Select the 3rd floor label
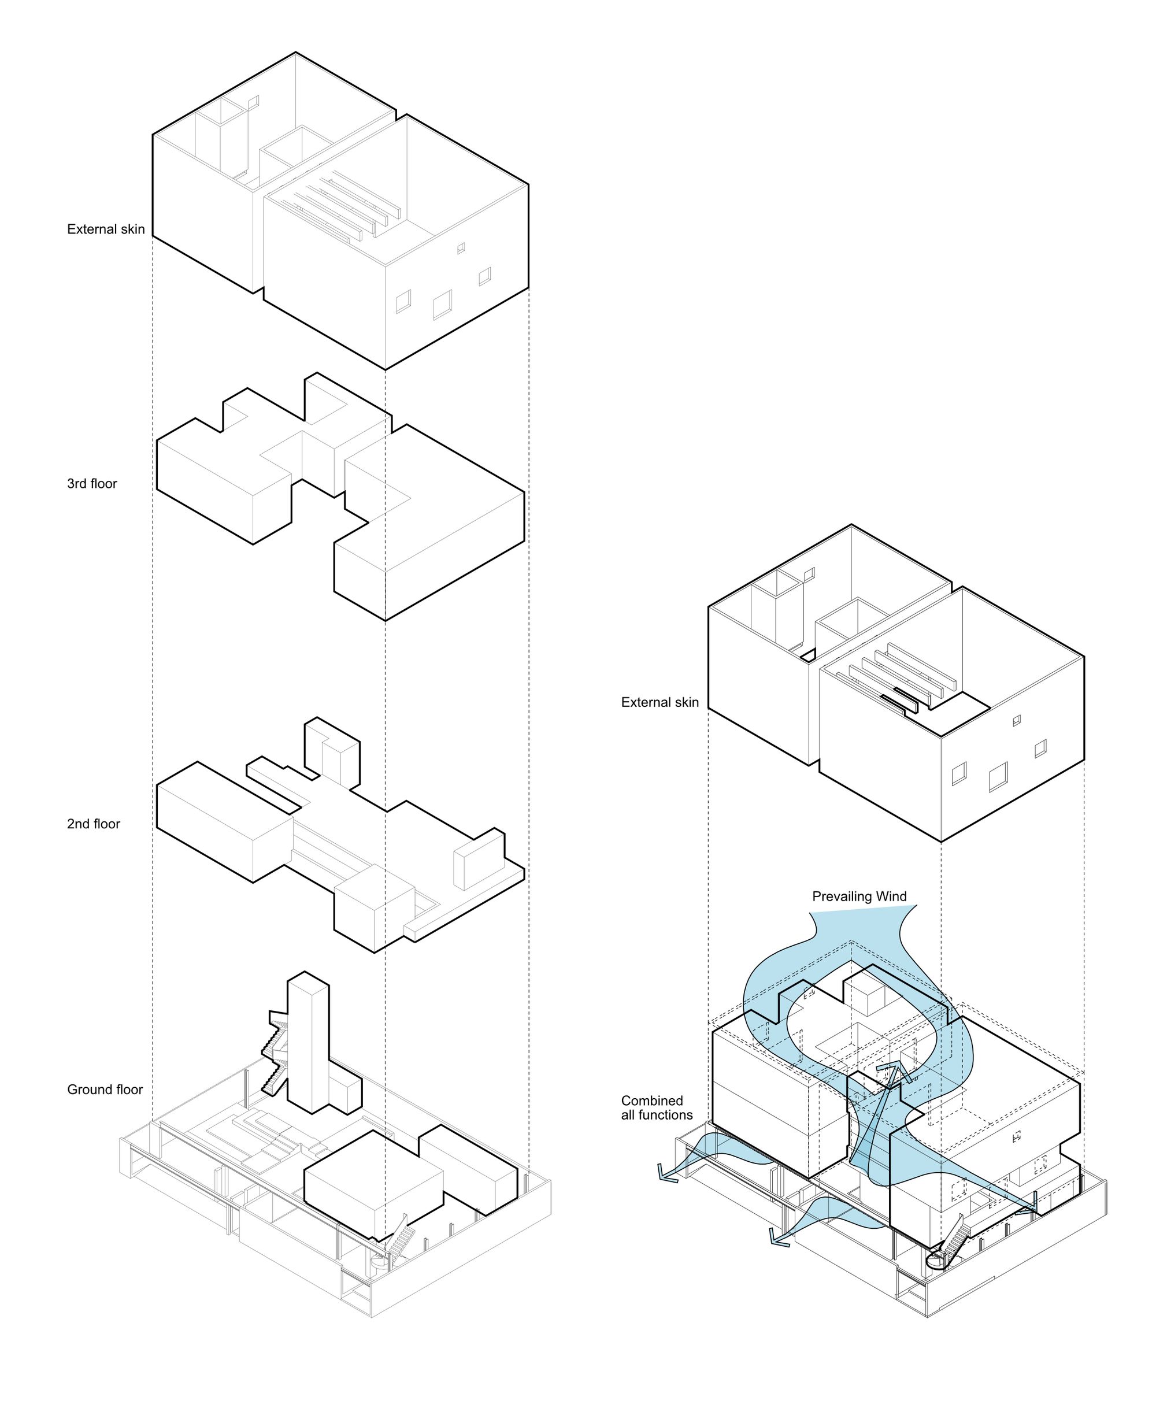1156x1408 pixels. pyautogui.click(x=92, y=484)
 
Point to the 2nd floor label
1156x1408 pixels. pyautogui.click(x=93, y=824)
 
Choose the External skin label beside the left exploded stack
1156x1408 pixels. pyautogui.click(x=106, y=229)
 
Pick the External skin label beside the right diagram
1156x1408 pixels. pyautogui.click(x=660, y=702)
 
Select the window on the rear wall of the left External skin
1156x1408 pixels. pyautogui.click(x=253, y=101)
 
